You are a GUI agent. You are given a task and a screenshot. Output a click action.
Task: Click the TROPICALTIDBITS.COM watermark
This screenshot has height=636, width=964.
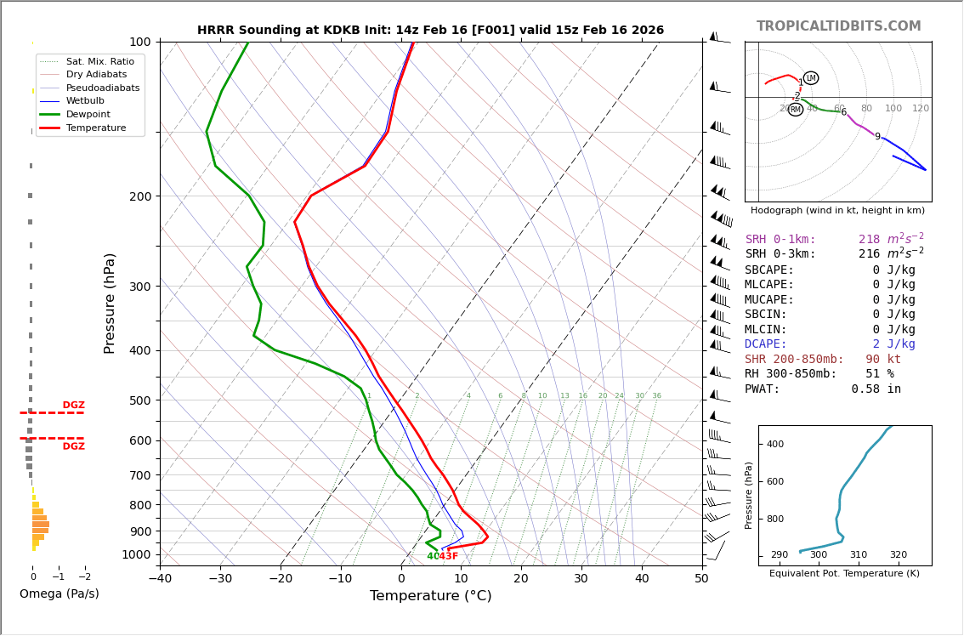pos(838,26)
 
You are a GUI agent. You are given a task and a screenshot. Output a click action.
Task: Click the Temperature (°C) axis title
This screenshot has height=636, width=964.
pos(430,596)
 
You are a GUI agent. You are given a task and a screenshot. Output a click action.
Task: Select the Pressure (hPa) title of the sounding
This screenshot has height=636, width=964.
pos(110,303)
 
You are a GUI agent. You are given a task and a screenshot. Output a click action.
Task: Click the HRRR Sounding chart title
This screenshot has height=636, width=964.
pos(430,31)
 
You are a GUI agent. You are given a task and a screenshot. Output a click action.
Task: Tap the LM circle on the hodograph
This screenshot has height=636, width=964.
pos(811,78)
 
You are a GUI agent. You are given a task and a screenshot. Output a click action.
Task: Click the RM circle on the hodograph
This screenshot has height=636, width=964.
pos(796,110)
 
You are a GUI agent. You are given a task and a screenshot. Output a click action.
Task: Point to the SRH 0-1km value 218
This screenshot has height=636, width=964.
pos(870,240)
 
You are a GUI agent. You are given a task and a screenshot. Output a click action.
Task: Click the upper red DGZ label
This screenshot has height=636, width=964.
pos(73,406)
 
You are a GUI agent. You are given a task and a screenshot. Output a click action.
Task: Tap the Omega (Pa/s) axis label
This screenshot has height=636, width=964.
pos(59,593)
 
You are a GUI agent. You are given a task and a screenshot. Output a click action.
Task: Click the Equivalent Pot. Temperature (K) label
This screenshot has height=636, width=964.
pos(844,573)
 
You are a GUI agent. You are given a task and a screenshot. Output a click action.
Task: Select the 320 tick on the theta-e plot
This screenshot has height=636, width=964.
pos(898,555)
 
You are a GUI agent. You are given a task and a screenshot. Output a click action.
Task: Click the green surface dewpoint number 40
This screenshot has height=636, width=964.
pos(433,557)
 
